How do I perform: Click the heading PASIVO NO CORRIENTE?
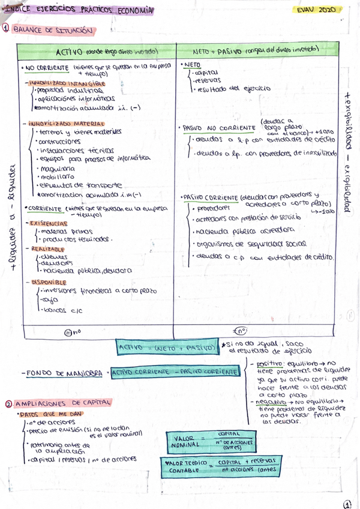[x=214, y=128]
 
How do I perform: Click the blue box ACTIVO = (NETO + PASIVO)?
[x=167, y=347]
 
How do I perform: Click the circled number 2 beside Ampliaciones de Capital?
[x=7, y=403]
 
